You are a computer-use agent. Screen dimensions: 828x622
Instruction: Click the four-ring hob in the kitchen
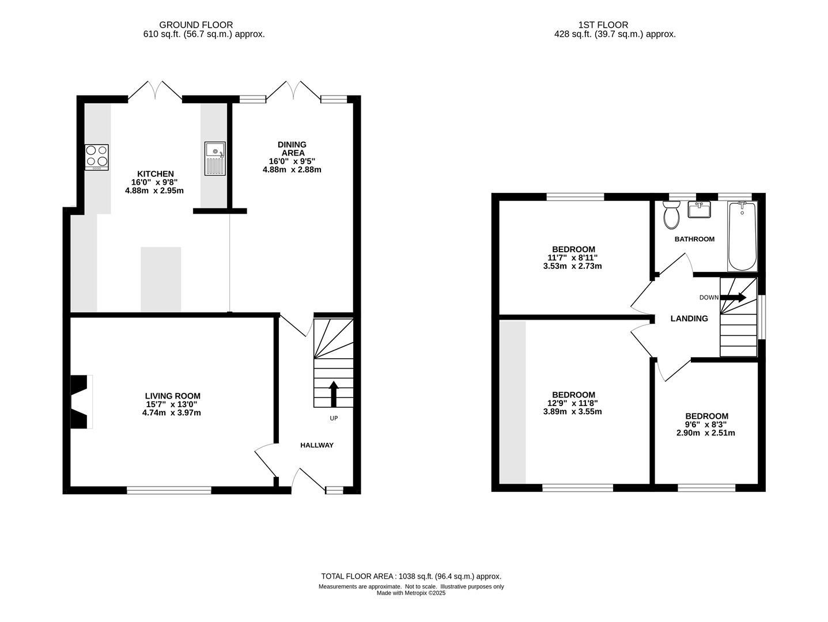(97, 157)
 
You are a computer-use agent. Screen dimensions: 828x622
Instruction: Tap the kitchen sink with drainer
(215, 158)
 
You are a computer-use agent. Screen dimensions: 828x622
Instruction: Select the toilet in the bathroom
(671, 215)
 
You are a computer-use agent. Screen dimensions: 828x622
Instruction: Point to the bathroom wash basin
(700, 209)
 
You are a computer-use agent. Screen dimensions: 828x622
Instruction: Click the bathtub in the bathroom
(742, 236)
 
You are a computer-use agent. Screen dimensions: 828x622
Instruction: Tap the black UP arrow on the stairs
(334, 394)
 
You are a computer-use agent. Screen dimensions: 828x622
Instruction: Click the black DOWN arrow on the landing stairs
(734, 297)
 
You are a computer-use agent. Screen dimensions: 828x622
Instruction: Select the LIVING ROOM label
(173, 396)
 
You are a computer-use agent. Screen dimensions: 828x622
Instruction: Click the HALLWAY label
(317, 445)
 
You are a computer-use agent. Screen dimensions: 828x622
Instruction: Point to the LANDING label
(689, 318)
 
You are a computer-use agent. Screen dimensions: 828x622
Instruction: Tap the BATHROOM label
(694, 239)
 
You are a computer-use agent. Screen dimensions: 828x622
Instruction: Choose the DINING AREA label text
(292, 149)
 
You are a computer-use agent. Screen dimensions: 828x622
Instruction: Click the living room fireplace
(81, 401)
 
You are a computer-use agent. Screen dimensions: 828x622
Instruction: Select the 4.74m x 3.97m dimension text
(172, 413)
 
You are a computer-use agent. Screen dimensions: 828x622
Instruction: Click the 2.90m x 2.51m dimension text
(706, 433)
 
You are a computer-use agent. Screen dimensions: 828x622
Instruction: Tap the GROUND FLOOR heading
(196, 25)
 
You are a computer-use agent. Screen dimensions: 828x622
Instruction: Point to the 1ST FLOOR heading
(603, 25)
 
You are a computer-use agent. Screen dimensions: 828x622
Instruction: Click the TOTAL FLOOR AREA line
(411, 577)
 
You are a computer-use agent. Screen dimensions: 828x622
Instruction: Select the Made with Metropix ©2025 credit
(411, 593)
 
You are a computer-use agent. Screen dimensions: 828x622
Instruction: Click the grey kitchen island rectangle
(161, 279)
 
